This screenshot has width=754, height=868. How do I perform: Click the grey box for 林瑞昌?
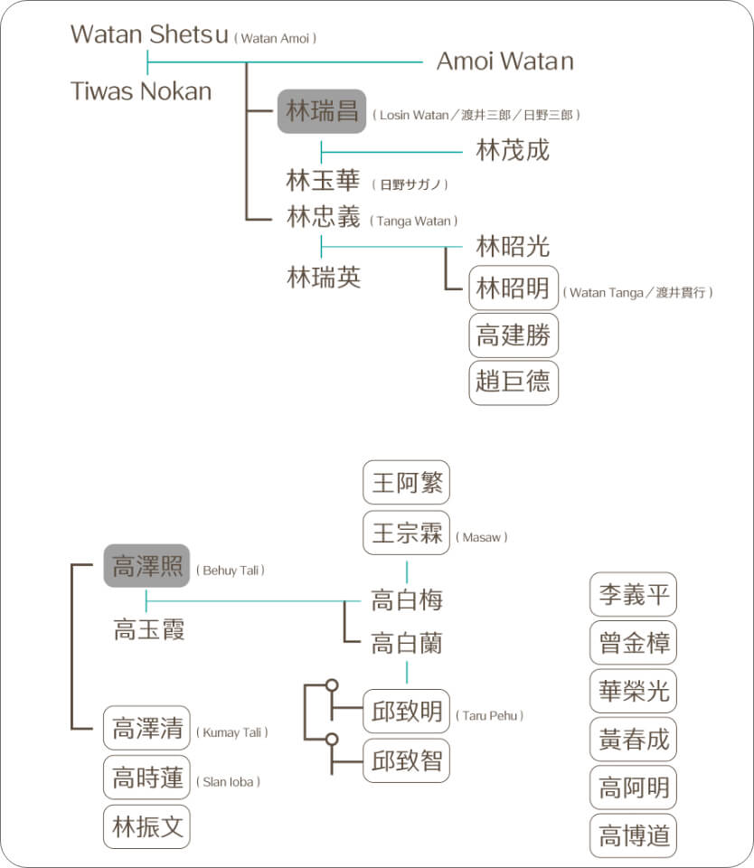click(x=321, y=112)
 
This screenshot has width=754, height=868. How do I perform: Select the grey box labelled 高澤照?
click(x=146, y=566)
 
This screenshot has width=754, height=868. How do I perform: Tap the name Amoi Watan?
click(x=504, y=61)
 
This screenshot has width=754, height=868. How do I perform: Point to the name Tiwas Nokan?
click(x=140, y=91)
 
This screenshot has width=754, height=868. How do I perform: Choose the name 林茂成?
click(x=513, y=150)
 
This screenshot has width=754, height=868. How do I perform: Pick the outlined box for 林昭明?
click(x=514, y=289)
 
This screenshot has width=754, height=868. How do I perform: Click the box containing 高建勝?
click(x=514, y=335)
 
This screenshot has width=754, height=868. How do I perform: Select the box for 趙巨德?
click(x=514, y=382)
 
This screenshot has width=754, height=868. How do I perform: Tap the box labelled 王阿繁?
click(x=406, y=482)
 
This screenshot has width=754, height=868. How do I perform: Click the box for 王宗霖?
click(x=406, y=533)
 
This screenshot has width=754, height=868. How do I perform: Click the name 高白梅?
click(x=406, y=599)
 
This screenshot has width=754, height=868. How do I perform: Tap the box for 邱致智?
click(x=406, y=759)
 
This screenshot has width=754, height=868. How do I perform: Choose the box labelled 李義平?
click(x=633, y=594)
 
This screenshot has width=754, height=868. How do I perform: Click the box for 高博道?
click(x=633, y=835)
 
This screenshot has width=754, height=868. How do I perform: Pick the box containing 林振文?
click(x=146, y=826)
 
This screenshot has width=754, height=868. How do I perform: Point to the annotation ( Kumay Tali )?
click(x=232, y=732)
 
